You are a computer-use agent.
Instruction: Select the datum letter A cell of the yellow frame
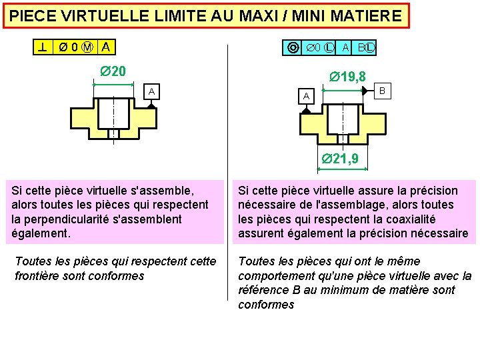click(107, 47)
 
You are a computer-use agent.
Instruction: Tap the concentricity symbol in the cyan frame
click(293, 48)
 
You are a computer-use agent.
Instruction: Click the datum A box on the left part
click(152, 91)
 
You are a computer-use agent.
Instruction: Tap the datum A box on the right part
click(306, 97)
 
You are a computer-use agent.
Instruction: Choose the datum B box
click(382, 90)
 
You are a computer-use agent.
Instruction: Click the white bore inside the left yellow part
click(113, 113)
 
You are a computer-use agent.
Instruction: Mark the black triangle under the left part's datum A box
click(152, 105)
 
